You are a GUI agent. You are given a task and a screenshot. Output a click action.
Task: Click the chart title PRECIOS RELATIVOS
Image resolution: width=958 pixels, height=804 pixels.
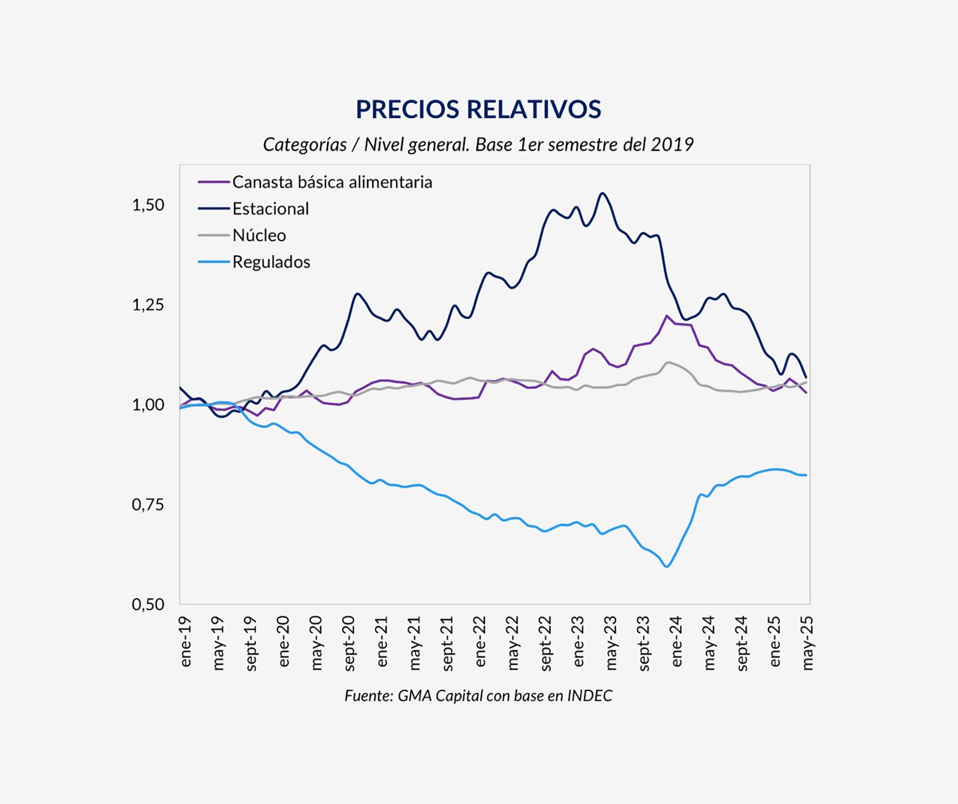[x=478, y=109]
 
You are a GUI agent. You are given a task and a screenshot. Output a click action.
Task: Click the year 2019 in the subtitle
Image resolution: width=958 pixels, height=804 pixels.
[x=672, y=145]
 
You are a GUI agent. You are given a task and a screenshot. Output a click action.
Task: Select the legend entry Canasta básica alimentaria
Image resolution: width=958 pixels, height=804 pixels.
[x=332, y=182]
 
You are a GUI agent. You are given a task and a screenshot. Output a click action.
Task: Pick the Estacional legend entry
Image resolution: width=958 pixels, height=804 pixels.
[x=270, y=209]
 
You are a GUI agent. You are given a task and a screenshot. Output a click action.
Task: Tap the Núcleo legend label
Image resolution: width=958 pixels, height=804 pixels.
[x=259, y=235]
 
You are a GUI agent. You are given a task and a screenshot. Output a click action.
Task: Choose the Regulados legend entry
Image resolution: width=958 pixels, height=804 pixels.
[x=271, y=262]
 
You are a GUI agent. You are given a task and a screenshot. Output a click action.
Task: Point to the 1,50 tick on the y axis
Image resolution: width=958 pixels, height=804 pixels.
[x=148, y=205]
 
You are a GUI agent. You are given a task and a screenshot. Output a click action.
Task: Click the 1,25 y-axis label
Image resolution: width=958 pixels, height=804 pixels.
[x=148, y=305]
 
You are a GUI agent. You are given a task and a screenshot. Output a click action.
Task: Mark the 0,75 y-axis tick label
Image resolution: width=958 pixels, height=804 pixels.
[x=148, y=505]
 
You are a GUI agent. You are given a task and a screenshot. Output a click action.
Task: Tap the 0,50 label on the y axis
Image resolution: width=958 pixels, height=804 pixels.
[x=148, y=604]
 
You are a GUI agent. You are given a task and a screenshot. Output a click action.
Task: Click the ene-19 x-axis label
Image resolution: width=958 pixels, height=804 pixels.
[x=186, y=641]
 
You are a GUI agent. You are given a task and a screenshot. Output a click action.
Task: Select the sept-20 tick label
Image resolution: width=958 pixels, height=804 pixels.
[x=349, y=643]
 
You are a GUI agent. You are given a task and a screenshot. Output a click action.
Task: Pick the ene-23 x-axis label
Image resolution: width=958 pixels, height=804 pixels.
[x=578, y=641]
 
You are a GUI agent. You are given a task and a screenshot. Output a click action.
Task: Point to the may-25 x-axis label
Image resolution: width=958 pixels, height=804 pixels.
[x=807, y=642]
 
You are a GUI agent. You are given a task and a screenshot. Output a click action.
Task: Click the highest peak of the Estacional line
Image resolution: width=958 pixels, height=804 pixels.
[x=603, y=193]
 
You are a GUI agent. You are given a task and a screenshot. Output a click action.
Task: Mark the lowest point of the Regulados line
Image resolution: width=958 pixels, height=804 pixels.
[x=667, y=566]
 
